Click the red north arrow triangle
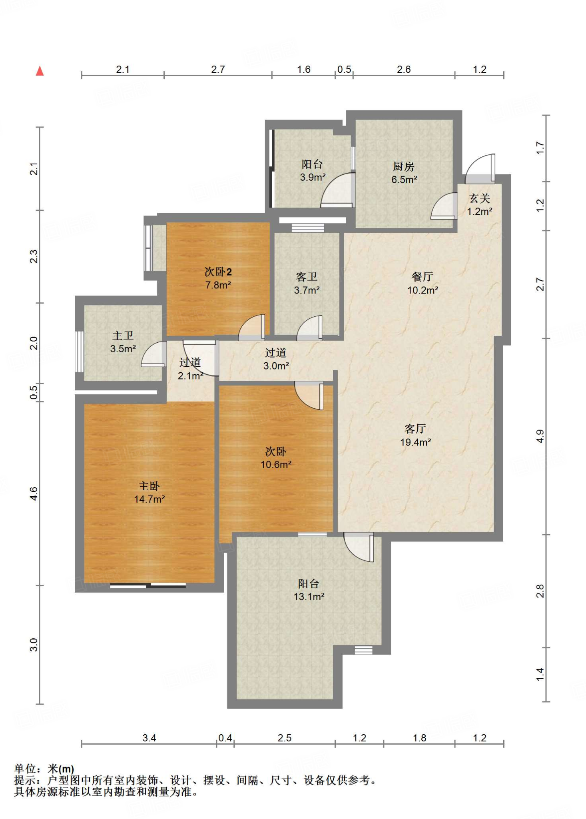(x=40, y=71)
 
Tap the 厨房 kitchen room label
(x=403, y=166)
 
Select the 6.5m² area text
(x=404, y=180)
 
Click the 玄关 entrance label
(x=479, y=198)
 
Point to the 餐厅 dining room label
(x=422, y=276)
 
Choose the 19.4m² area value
(x=415, y=442)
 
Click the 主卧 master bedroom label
(x=149, y=486)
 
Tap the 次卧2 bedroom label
(x=218, y=272)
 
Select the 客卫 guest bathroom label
(x=307, y=277)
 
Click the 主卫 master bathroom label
(x=123, y=336)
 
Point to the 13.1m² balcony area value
(x=309, y=597)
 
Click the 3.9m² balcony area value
(x=313, y=177)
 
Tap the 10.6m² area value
(x=276, y=465)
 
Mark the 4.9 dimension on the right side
(x=540, y=436)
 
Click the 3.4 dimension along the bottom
(x=149, y=738)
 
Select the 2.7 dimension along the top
(x=218, y=70)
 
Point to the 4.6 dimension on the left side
(x=34, y=493)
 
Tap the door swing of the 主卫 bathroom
(x=154, y=354)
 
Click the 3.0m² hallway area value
(x=276, y=366)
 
